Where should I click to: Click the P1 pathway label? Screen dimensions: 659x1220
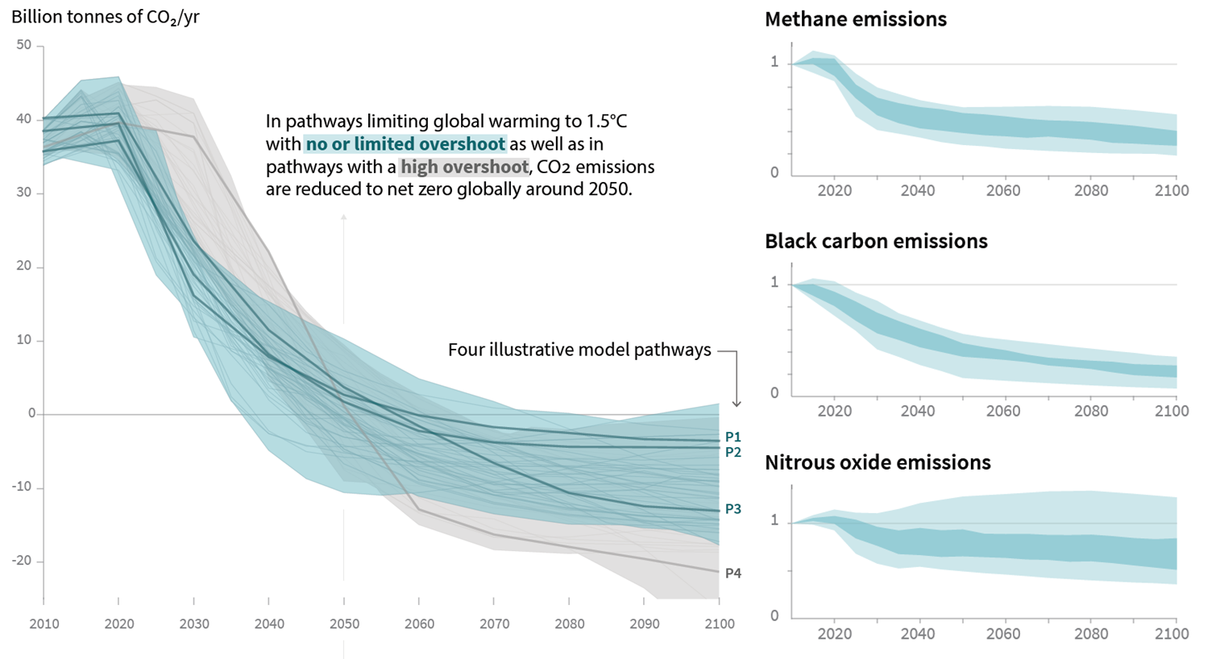pos(732,437)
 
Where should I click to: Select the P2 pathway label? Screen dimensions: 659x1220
pos(732,452)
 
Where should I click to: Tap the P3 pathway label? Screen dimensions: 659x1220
pos(732,509)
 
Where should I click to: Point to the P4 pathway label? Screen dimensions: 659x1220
pos(732,573)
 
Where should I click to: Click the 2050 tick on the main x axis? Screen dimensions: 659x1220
pos(344,624)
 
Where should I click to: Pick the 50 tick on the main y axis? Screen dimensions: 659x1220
pos(24,45)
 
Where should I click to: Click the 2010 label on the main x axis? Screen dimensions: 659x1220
pos(44,624)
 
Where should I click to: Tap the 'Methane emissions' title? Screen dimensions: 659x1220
pos(855,19)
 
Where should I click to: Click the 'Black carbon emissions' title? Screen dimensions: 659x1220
pos(876,241)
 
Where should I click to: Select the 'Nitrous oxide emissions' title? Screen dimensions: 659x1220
pos(878,462)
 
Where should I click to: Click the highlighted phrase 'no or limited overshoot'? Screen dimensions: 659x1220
pos(405,144)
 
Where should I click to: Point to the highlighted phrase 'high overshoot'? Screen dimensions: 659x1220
pos(464,167)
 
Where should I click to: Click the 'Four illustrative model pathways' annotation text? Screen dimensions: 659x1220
pos(579,350)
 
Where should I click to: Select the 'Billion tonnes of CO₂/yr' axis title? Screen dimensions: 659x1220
pos(106,16)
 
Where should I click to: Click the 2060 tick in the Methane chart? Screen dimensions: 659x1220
pos(1003,191)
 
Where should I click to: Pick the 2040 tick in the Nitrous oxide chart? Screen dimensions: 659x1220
pos(918,633)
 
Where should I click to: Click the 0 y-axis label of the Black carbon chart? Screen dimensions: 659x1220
pos(775,393)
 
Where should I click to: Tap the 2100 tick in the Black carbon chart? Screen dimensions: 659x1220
pos(1171,411)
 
